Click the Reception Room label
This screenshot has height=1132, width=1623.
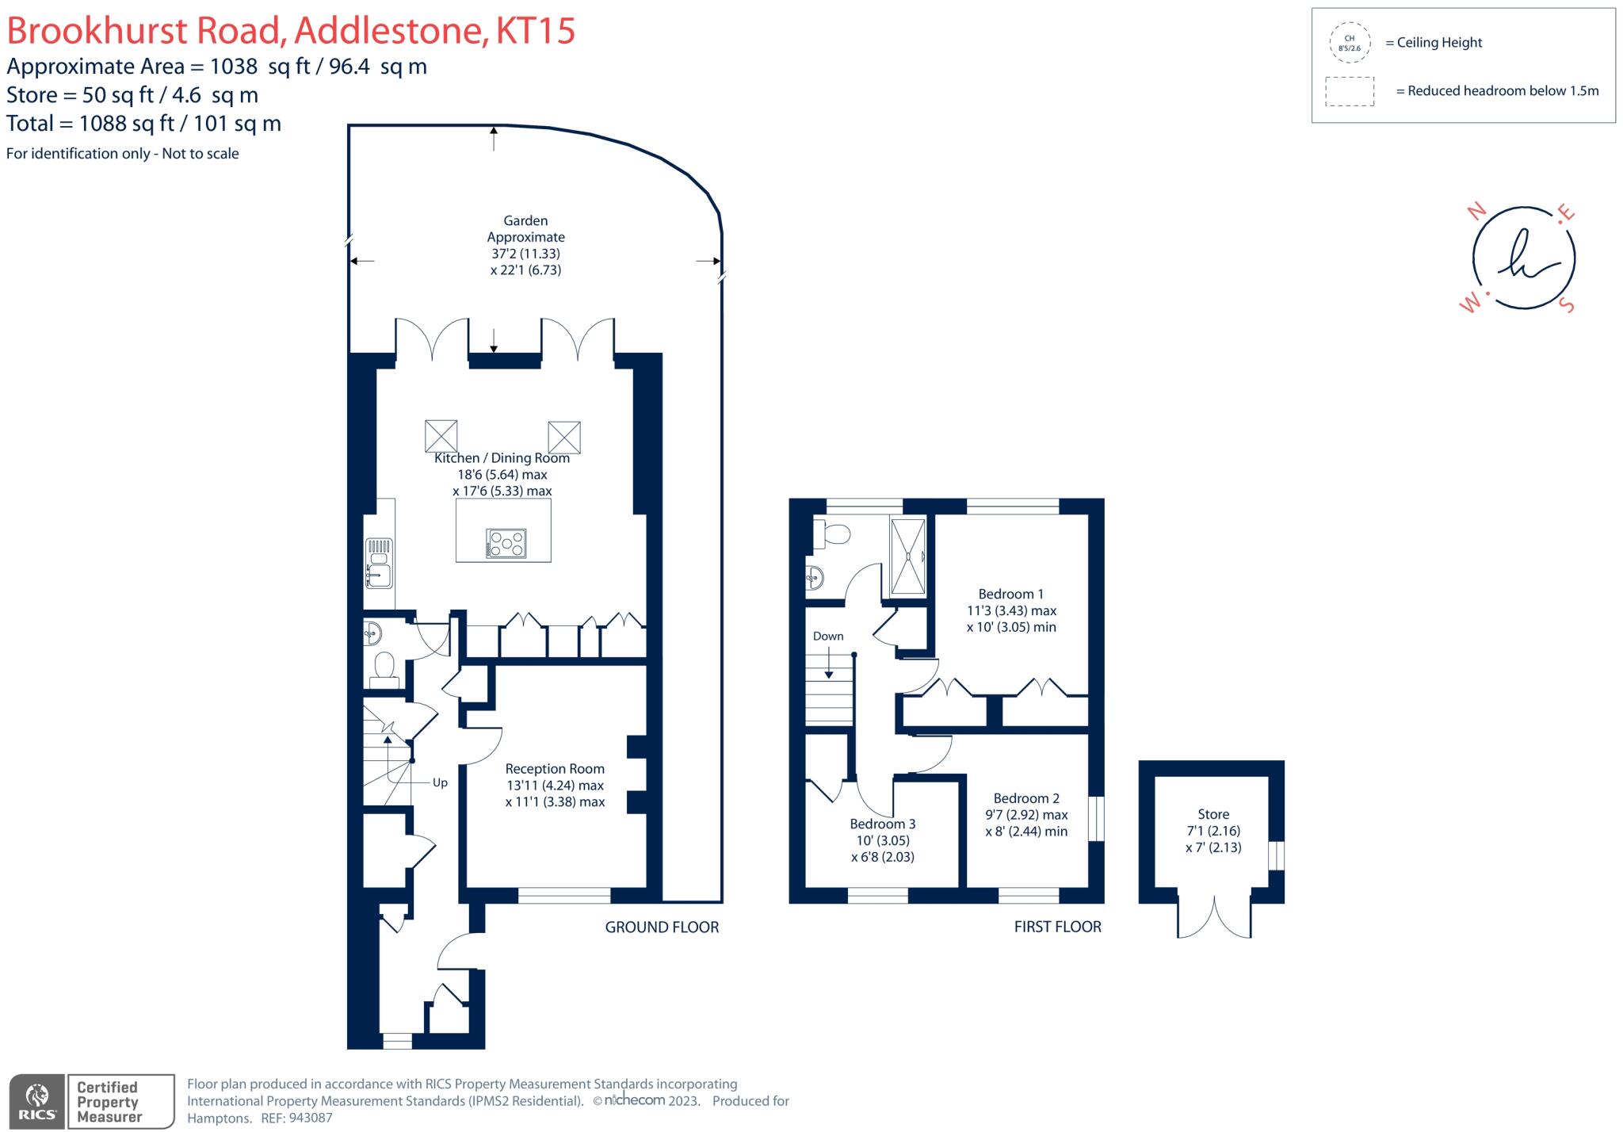pyautogui.click(x=555, y=769)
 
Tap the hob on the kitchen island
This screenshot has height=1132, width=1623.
pyautogui.click(x=506, y=544)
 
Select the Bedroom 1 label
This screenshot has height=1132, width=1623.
pyautogui.click(x=1010, y=594)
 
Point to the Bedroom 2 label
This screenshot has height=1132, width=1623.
pyautogui.click(x=1026, y=798)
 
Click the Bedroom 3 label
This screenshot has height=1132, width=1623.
pyautogui.click(x=883, y=824)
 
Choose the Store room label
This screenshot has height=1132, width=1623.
pyautogui.click(x=1213, y=814)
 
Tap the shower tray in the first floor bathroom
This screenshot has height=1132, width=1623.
pyautogui.click(x=907, y=556)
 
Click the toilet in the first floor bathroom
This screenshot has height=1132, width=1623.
pyautogui.click(x=831, y=533)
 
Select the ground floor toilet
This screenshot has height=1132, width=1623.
pyautogui.click(x=384, y=667)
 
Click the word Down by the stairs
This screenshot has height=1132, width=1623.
pyautogui.click(x=828, y=636)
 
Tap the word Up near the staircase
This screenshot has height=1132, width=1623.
pyautogui.click(x=440, y=782)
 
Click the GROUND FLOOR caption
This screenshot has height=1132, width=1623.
pyautogui.click(x=662, y=927)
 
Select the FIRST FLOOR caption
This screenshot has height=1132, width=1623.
pyautogui.click(x=1057, y=927)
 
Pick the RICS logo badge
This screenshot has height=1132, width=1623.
pyautogui.click(x=36, y=1102)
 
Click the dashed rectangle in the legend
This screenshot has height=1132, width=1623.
pyautogui.click(x=1350, y=91)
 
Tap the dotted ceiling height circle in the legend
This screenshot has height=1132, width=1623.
pyautogui.click(x=1350, y=43)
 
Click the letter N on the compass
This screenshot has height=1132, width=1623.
pyautogui.click(x=1476, y=211)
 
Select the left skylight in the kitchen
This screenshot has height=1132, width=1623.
pyautogui.click(x=441, y=436)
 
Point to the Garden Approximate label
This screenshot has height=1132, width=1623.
pyautogui.click(x=525, y=229)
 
